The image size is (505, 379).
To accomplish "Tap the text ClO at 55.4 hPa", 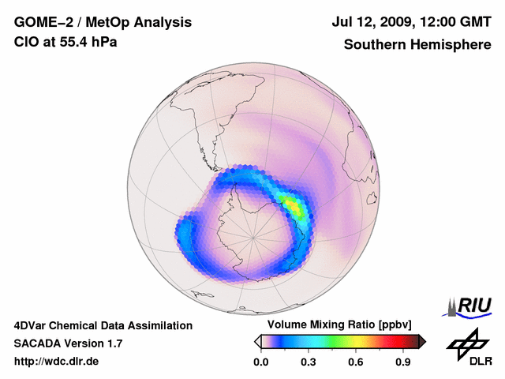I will tap(65, 42).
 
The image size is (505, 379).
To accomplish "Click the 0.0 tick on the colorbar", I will tap(260, 362).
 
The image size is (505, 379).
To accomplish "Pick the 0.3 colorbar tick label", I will tap(309, 362).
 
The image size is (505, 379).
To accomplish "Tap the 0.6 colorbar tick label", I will tap(356, 362).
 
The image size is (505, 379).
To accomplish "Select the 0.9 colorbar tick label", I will tap(403, 362).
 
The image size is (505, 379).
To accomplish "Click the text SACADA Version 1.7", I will tap(68, 343).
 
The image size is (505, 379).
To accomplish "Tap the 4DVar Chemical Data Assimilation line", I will tap(103, 325).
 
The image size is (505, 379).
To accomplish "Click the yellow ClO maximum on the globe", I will tap(294, 207).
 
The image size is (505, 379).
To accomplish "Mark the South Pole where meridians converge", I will tap(254, 236).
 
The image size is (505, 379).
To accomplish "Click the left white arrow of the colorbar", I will tap(257, 341).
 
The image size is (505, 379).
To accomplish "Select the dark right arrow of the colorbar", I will tap(422, 341).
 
